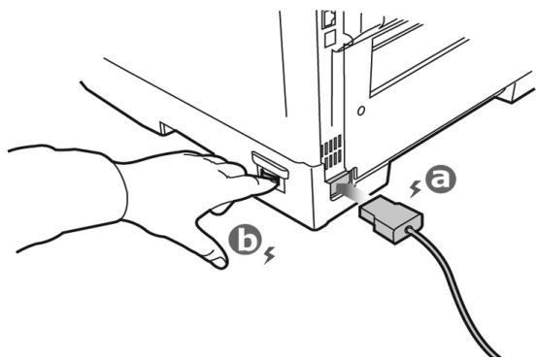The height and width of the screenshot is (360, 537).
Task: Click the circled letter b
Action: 242,243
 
